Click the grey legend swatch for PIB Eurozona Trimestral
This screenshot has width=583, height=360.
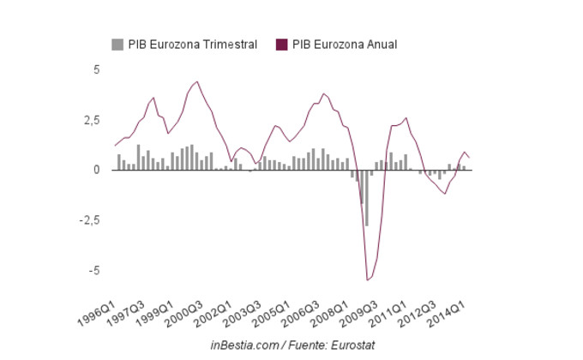coord(117,45)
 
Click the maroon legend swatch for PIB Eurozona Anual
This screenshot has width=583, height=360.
coord(281,45)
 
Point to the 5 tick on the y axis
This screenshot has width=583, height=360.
coord(97,69)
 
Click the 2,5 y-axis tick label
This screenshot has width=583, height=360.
coord(92,120)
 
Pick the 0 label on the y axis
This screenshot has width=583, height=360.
coord(97,170)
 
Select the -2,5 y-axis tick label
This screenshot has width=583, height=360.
coord(89,220)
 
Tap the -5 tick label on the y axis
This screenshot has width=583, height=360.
coord(94,270)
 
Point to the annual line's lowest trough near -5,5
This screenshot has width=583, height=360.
coord(368,279)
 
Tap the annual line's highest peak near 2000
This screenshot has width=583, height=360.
coord(197,81)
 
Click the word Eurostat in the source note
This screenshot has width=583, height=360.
coord(351,345)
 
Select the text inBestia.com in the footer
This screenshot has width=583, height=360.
coord(243,345)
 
